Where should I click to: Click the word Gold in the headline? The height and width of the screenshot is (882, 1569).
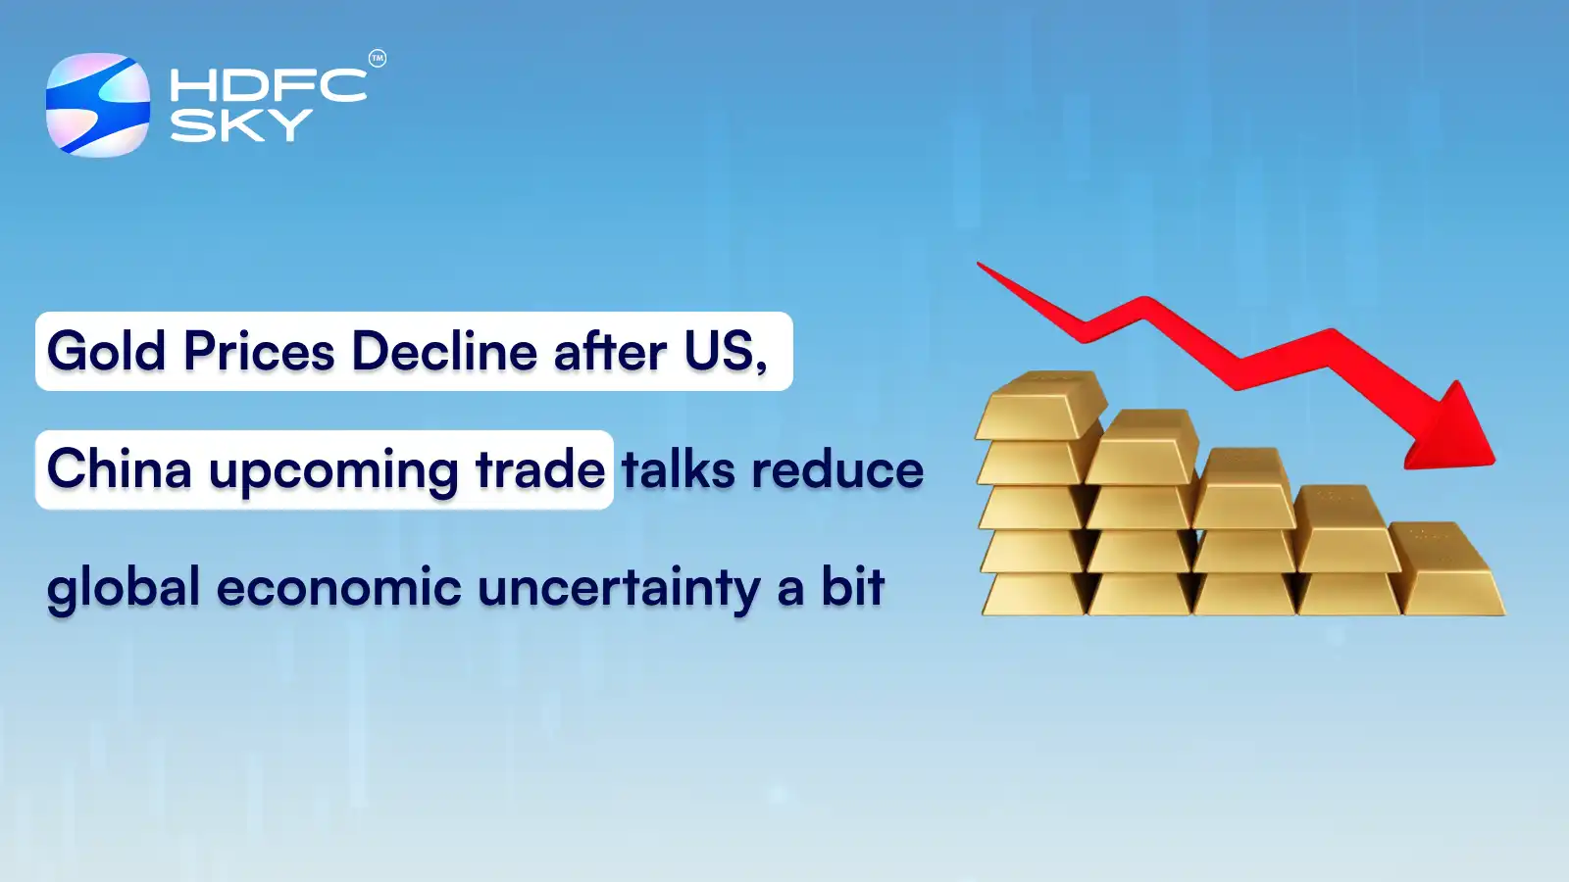pyautogui.click(x=106, y=352)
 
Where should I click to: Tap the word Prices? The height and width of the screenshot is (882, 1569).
pyautogui.click(x=259, y=352)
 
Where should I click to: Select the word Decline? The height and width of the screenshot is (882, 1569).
pyautogui.click(x=444, y=352)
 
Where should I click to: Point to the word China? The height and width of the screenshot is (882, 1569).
pyautogui.click(x=119, y=469)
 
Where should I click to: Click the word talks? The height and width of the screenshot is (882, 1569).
pyautogui.click(x=678, y=469)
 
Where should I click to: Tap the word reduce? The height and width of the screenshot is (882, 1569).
pyautogui.click(x=837, y=469)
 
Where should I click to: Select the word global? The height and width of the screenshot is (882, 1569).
pyautogui.click(x=124, y=589)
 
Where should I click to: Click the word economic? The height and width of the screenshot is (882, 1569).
pyautogui.click(x=338, y=587)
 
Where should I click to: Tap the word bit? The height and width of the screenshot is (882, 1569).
pyautogui.click(x=852, y=587)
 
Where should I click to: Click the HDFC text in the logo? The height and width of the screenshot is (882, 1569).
pyautogui.click(x=267, y=85)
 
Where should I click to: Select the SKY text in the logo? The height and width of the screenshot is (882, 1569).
pyautogui.click(x=240, y=125)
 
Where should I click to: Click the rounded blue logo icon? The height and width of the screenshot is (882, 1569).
pyautogui.click(x=98, y=105)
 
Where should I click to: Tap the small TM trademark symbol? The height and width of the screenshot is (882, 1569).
pyautogui.click(x=378, y=59)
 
